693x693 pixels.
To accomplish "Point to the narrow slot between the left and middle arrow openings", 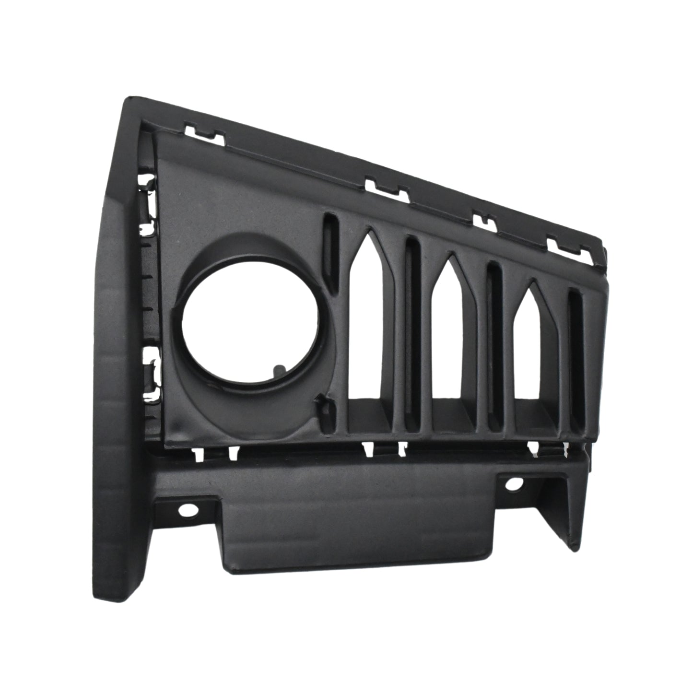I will pos(412,331).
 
